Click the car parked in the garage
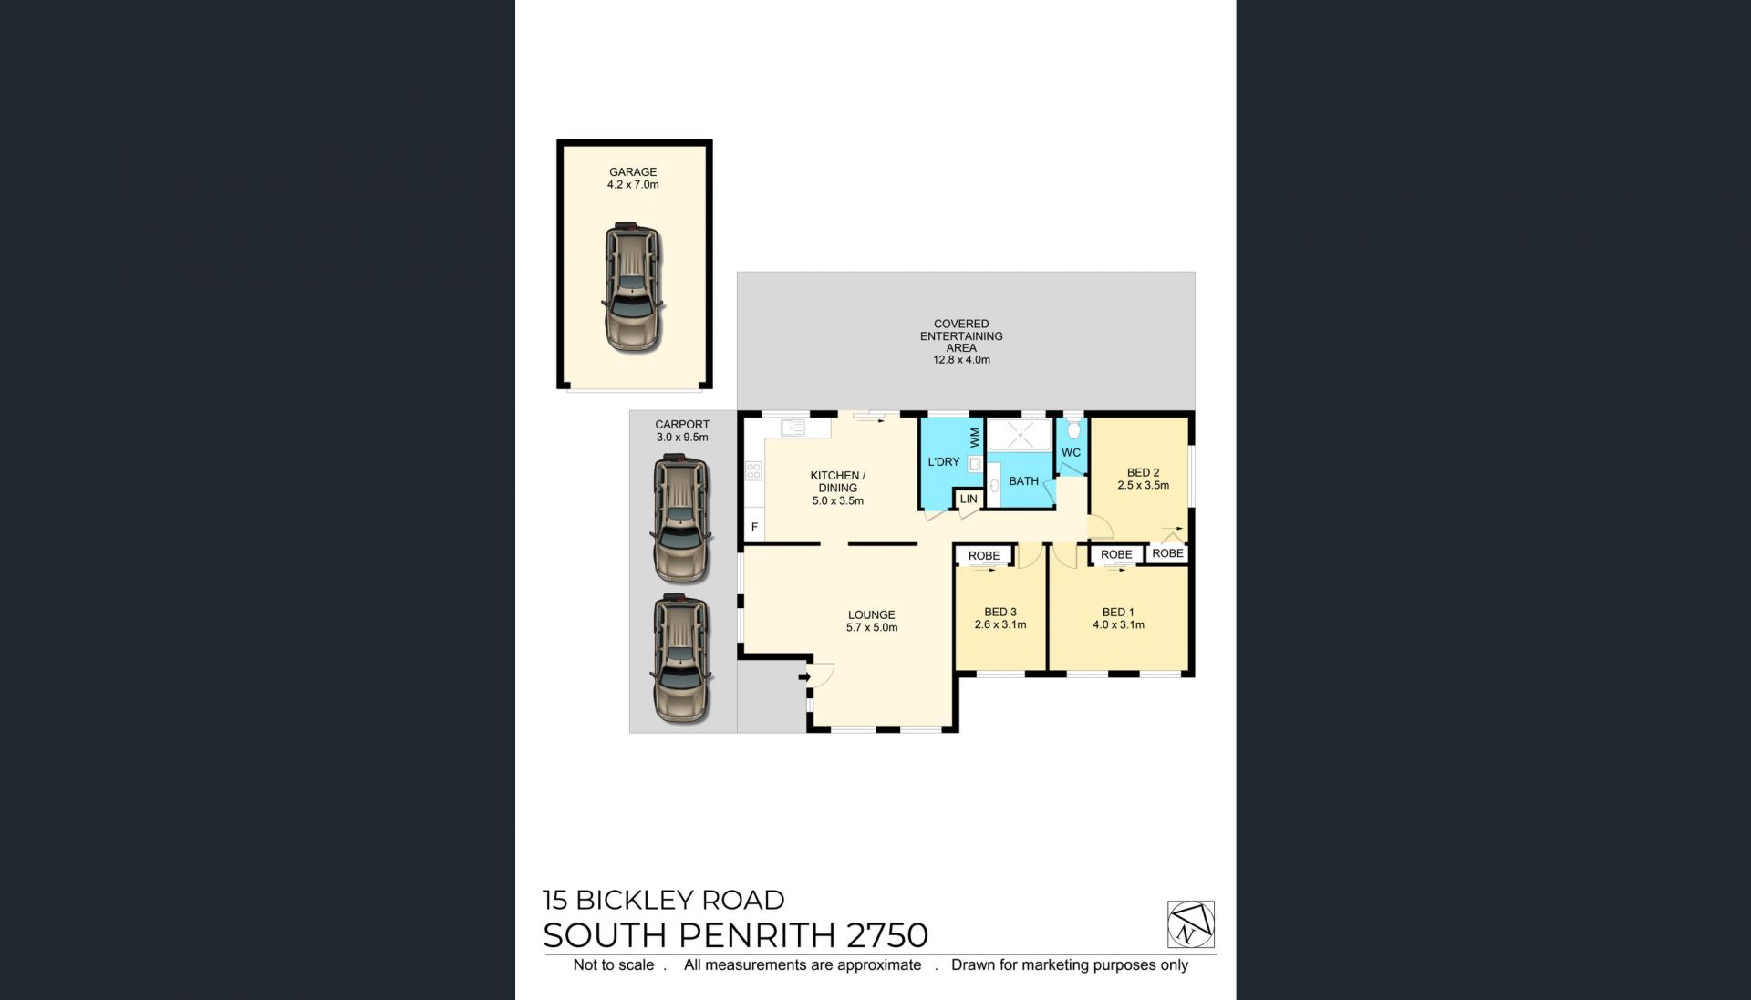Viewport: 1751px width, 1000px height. pyautogui.click(x=632, y=288)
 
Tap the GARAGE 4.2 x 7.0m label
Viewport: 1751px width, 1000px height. pyautogui.click(x=633, y=178)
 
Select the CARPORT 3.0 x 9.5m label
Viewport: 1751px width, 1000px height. pyautogui.click(x=682, y=430)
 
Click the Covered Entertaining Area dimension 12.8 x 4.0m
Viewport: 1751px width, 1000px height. pyautogui.click(x=961, y=360)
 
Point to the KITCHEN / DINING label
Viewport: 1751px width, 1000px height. pyautogui.click(x=838, y=481)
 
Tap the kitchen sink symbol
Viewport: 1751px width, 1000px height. pyautogui.click(x=793, y=427)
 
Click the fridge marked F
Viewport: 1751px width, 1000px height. pyautogui.click(x=754, y=527)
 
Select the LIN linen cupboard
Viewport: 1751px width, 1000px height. pyautogui.click(x=969, y=499)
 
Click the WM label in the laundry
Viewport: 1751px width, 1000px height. pyautogui.click(x=975, y=438)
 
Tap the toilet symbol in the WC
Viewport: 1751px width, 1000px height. pyautogui.click(x=1073, y=428)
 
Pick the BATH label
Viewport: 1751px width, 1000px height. pyautogui.click(x=1023, y=481)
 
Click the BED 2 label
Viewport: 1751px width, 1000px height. pyautogui.click(x=1143, y=472)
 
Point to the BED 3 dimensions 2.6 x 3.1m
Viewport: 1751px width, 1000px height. pyautogui.click(x=1000, y=624)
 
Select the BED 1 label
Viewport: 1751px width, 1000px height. pyautogui.click(x=1118, y=613)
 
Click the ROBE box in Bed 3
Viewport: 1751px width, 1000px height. pyautogui.click(x=984, y=555)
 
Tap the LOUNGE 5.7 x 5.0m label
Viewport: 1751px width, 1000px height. pyautogui.click(x=872, y=621)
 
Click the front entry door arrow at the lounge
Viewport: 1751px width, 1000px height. pyautogui.click(x=804, y=676)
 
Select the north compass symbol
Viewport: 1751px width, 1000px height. pyautogui.click(x=1190, y=924)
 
